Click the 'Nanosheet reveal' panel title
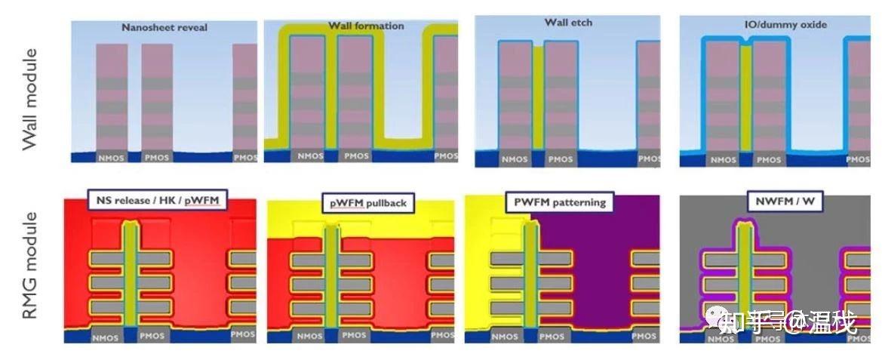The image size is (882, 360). tap(164, 28)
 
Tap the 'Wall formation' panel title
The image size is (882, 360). tap(365, 26)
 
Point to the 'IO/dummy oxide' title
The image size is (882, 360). tap(770, 24)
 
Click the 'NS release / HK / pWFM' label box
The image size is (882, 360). tap(158, 201)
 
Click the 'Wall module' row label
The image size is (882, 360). tap(30, 99)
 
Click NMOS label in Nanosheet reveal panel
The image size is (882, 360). tap(112, 158)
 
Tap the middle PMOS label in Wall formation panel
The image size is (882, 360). tap(356, 156)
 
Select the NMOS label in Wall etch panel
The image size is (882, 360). tap(515, 159)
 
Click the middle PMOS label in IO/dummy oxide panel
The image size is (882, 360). tap(768, 159)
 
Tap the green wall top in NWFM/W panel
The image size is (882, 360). tap(745, 226)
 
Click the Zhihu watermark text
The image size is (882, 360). tap(788, 324)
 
